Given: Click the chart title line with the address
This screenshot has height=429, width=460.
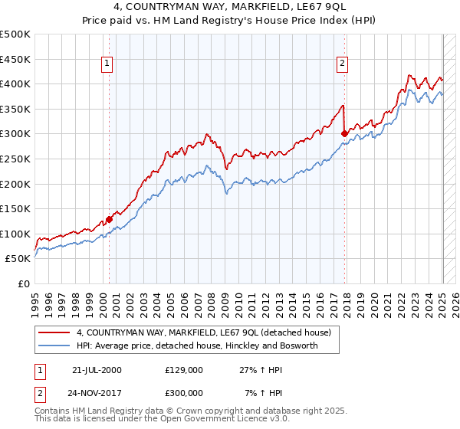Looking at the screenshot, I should (230, 6).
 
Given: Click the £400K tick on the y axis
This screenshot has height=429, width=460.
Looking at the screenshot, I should (15, 84).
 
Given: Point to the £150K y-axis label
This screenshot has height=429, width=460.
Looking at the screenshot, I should (15, 208).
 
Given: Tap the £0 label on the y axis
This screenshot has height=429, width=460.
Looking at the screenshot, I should (24, 283).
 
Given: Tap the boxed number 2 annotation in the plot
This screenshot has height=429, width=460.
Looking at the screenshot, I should (342, 64).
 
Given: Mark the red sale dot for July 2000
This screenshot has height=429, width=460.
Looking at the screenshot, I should (109, 219).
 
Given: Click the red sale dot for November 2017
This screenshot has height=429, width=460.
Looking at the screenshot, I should (344, 133).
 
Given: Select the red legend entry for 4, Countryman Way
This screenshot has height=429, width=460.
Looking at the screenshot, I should (203, 332).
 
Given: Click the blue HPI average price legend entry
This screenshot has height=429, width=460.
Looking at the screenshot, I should (197, 345).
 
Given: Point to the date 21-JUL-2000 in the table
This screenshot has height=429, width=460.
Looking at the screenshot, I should (96, 370).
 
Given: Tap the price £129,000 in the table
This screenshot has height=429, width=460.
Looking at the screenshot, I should (184, 370).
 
